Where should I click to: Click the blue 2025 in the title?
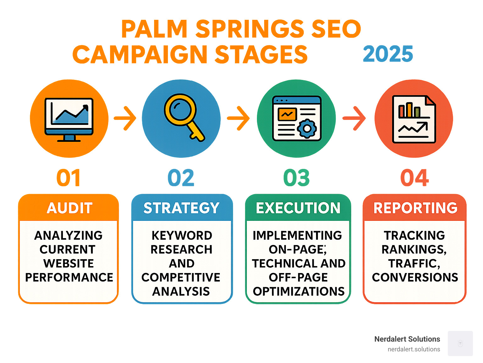[x=388, y=54]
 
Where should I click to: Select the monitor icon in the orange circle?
[x=69, y=119]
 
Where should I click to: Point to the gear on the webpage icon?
[x=307, y=129]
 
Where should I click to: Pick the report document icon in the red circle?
[x=414, y=119]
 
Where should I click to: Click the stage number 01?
[x=69, y=178]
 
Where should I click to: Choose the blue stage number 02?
[x=181, y=178]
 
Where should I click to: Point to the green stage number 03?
[x=297, y=178]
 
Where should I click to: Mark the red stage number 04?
[x=414, y=178]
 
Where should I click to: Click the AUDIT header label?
[x=69, y=208]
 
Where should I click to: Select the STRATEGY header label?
[x=181, y=208]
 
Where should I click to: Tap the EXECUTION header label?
[x=298, y=208]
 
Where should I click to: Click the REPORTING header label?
[x=415, y=208]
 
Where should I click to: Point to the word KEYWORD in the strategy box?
[x=182, y=235]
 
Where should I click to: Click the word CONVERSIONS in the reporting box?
[x=415, y=277]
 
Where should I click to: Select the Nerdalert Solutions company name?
[x=407, y=339]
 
